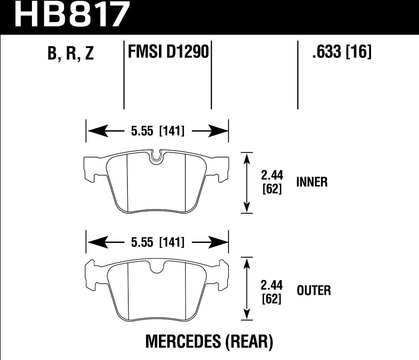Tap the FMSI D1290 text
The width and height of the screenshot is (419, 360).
tap(168, 53)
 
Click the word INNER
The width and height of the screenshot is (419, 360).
tap(312, 182)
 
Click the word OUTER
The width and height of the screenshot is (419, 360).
tap(314, 291)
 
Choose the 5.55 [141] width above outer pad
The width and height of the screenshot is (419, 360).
tap(157, 243)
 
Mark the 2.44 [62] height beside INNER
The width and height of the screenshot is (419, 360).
tap(272, 182)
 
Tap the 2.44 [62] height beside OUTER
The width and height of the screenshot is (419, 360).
tap(272, 291)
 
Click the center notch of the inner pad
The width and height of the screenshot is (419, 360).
tap(157, 158)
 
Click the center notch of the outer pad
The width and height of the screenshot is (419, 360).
tap(157, 268)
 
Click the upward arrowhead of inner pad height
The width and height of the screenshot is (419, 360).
tap(247, 158)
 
